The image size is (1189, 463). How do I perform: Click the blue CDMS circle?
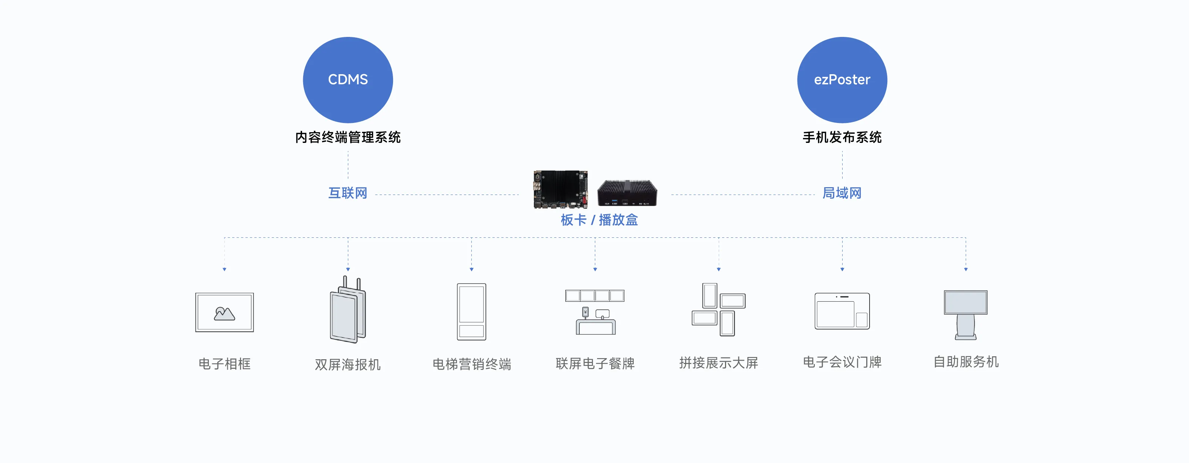click(348, 80)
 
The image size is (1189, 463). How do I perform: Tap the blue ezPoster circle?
click(842, 80)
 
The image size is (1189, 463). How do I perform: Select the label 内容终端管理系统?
click(348, 137)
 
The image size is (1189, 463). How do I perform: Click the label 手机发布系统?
click(842, 137)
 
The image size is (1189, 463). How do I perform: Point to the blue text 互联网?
click(348, 193)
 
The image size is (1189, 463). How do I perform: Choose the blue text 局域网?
click(842, 193)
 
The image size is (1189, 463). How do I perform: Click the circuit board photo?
click(560, 189)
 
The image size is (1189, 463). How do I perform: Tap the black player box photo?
click(627, 193)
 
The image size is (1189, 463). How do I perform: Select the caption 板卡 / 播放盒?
click(599, 220)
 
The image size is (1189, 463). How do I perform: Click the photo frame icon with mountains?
click(224, 312)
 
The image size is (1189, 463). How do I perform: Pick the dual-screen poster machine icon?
click(348, 309)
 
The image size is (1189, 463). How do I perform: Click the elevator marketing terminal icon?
click(471, 312)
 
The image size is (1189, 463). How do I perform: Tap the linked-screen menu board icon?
click(595, 312)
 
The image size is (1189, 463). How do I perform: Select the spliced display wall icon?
click(719, 309)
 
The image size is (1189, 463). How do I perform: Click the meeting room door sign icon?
click(842, 311)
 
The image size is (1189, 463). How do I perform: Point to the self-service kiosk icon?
click(966, 315)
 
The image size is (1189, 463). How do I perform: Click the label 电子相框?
click(224, 364)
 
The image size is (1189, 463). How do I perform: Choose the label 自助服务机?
click(966, 361)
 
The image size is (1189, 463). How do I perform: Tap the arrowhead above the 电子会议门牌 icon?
click(842, 269)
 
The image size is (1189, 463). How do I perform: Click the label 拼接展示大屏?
click(719, 363)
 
